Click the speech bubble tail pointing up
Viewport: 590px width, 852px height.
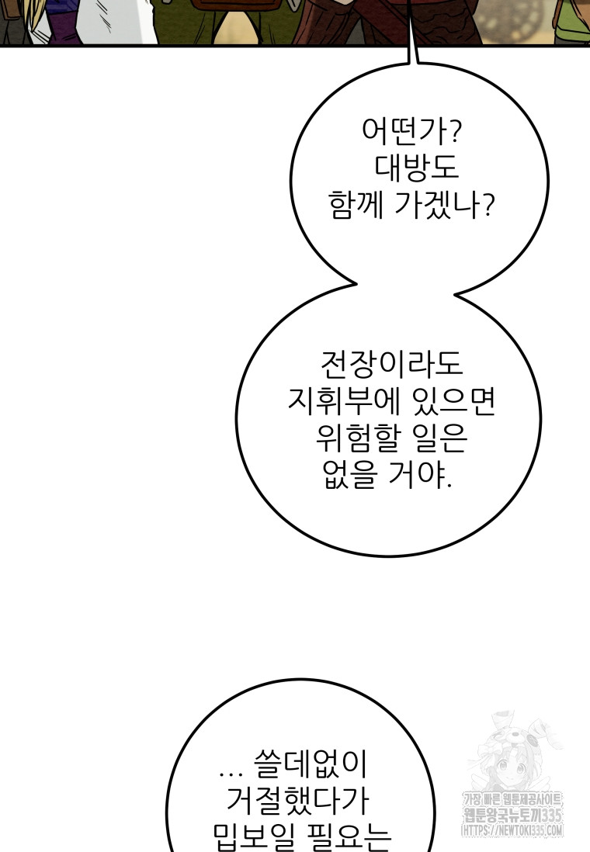pos(412,54)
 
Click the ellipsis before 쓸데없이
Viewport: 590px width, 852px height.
pos(231,771)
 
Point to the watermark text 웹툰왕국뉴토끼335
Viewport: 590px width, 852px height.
pos(513,815)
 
